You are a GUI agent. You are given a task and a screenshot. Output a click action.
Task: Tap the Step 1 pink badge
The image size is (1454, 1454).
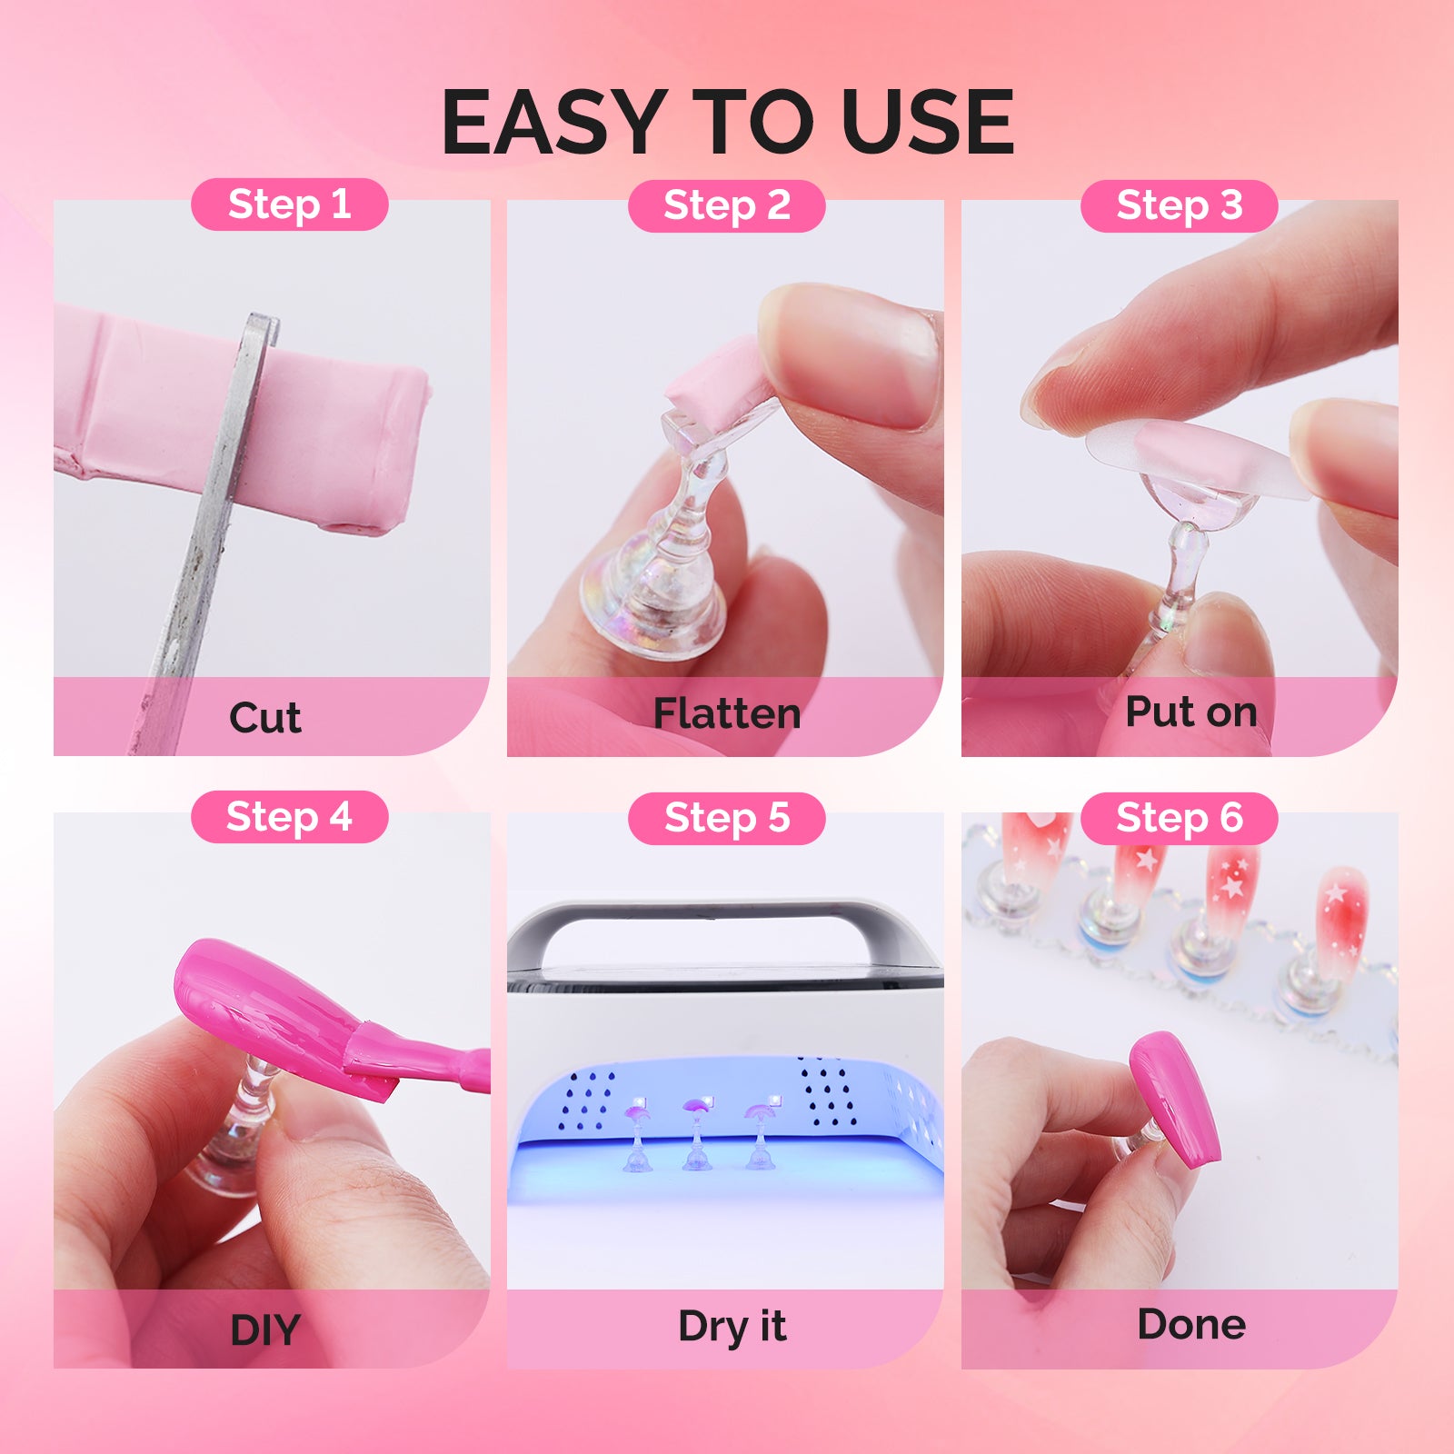click(x=289, y=204)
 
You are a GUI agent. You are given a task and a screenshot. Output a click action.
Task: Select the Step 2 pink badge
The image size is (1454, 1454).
click(x=726, y=206)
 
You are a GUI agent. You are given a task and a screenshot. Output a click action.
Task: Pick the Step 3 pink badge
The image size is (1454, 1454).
click(x=1179, y=206)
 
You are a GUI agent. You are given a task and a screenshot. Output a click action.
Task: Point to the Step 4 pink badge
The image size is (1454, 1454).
click(x=289, y=817)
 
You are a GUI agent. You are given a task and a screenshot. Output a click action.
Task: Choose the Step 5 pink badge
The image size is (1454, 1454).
click(x=726, y=819)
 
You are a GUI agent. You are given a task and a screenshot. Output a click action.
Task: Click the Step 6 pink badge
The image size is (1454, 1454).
click(x=1179, y=819)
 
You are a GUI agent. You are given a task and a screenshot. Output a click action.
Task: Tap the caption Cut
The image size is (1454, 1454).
click(x=264, y=718)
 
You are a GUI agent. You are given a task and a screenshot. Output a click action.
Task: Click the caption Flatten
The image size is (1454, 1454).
click(x=726, y=713)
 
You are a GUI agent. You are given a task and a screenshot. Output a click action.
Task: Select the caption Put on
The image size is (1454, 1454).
click(x=1190, y=712)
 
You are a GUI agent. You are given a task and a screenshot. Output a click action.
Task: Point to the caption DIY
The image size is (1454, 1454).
click(x=264, y=1330)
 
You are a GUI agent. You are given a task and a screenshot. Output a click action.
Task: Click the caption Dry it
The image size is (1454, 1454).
click(x=732, y=1326)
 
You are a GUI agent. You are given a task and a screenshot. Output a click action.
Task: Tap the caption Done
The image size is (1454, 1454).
click(x=1190, y=1324)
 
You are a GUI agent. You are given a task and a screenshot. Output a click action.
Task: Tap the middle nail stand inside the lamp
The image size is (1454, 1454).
click(x=697, y=1136)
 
